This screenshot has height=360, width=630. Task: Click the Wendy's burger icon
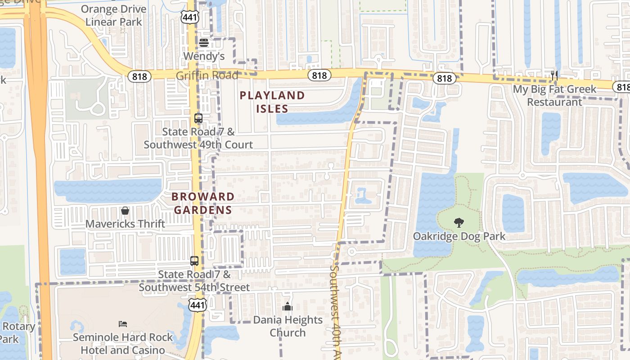click(204, 43)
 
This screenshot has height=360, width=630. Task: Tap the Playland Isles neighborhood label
click(272, 102)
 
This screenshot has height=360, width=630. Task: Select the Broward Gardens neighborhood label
click(203, 203)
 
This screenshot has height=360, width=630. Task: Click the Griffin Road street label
click(207, 76)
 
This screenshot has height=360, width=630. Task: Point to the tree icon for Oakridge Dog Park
click(459, 222)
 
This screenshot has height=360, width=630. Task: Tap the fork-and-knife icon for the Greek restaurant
click(554, 75)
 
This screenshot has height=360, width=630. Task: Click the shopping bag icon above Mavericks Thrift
click(125, 210)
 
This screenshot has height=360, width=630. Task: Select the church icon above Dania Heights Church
click(288, 307)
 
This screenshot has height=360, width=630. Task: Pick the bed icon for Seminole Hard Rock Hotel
click(123, 324)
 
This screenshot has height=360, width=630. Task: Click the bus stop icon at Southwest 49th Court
click(198, 118)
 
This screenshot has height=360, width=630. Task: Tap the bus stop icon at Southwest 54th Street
click(194, 261)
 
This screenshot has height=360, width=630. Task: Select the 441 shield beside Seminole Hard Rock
click(198, 305)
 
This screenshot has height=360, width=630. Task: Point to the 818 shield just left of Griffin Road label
click(139, 76)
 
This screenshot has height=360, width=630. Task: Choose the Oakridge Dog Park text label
click(459, 236)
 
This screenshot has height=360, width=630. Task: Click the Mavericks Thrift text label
click(125, 224)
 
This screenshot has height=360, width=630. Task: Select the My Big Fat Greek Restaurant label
click(554, 95)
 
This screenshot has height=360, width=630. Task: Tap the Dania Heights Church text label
click(288, 326)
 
